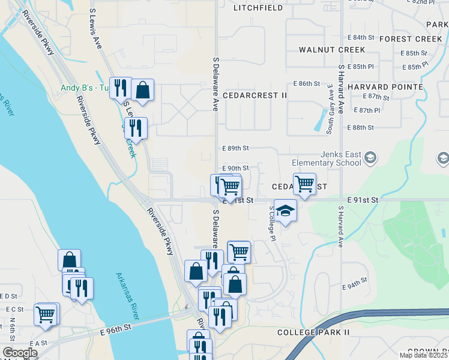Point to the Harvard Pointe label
tap(385, 87)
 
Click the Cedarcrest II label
tap(255, 95)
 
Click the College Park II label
tap(313, 332)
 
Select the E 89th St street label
tap(235, 148)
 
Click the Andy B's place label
tap(84, 88)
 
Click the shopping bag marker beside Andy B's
tap(143, 90)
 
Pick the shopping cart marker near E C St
tap(46, 314)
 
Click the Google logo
tap(20, 353)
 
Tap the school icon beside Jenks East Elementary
tap(370, 158)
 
